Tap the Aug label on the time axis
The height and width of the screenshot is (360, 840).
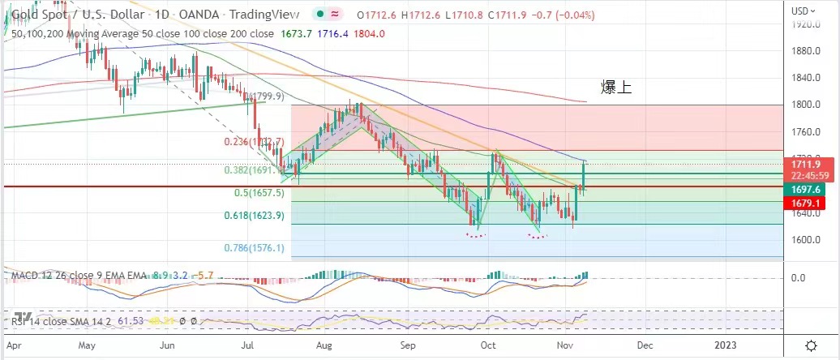(324, 345)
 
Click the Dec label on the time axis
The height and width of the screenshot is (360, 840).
(645, 345)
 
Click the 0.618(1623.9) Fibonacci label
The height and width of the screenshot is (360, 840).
(253, 216)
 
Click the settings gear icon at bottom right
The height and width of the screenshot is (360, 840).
(811, 345)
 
